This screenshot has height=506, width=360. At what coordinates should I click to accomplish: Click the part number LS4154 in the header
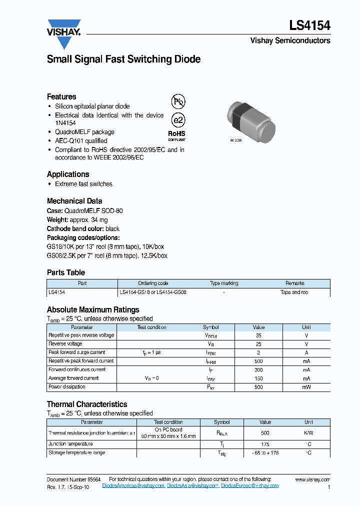coord(309,25)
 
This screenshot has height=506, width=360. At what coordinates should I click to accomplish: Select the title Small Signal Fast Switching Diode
coord(123,59)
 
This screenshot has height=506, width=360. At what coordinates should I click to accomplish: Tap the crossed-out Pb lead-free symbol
coord(178,102)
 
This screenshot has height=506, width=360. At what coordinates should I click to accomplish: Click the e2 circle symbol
coord(178,120)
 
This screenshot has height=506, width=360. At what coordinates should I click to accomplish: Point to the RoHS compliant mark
coord(176,135)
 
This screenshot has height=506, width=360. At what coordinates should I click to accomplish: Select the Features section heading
coord(61,96)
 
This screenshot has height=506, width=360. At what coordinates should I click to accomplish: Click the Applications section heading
coord(68,174)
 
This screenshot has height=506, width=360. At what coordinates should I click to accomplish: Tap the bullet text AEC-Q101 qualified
coord(81,141)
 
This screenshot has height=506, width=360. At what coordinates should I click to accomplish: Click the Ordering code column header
coord(153,283)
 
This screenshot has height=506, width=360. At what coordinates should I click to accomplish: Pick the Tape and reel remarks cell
coord(294,292)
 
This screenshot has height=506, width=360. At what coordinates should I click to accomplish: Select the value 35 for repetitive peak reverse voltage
coord(258,335)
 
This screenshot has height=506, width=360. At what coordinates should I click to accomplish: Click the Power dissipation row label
coord(67,387)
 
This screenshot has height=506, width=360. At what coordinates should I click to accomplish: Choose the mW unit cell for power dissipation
coord(306,387)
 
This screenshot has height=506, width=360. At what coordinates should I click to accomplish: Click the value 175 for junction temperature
coord(265,444)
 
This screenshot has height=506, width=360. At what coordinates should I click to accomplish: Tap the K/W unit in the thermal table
coord(308,432)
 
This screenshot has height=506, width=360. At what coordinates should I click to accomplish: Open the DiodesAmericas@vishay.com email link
coord(133,485)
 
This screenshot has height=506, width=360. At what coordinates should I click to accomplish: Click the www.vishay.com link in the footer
coord(312,479)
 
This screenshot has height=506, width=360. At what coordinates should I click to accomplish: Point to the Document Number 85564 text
coord(73,479)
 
